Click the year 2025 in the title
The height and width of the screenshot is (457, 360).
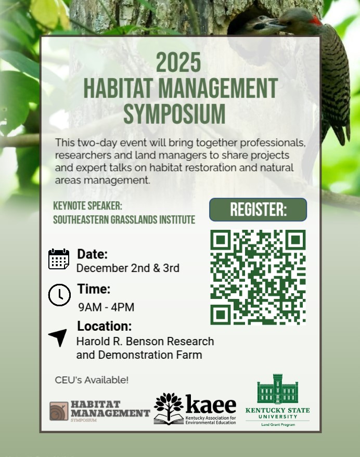pos(178,62)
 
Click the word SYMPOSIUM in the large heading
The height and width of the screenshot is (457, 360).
pos(174,114)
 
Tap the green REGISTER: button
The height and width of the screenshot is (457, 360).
pos(258,210)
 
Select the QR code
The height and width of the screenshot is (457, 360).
pos(258,277)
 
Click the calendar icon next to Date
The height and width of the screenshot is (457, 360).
pos(59,259)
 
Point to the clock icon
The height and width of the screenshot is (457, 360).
pos(59,295)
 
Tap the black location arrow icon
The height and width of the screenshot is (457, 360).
pos(58,337)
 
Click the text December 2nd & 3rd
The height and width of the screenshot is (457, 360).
pos(128,268)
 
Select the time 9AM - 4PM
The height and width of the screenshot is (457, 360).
pos(106,307)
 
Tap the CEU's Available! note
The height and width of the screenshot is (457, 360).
pos(92,380)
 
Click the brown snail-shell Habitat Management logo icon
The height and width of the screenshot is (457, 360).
pos(59,411)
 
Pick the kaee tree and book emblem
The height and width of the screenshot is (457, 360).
pos(169,408)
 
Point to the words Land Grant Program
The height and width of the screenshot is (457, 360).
pos(278,425)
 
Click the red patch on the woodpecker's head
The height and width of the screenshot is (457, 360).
pos(315,21)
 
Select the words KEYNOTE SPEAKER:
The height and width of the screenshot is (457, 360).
pos(87,206)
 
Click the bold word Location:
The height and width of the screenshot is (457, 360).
pos(105,326)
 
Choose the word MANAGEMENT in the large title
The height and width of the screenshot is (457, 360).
pos(218,88)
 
